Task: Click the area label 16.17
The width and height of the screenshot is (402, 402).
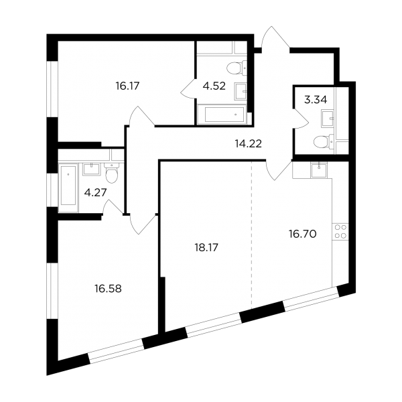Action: click(x=127, y=86)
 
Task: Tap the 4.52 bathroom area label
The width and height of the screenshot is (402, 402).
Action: click(x=214, y=86)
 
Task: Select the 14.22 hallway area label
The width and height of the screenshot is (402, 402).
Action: click(x=249, y=144)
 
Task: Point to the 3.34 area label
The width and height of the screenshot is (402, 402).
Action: click(x=316, y=100)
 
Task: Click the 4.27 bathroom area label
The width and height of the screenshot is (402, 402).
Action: click(x=95, y=192)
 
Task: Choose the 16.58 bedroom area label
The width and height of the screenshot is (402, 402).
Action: click(x=108, y=289)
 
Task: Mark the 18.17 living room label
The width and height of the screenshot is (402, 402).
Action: click(x=206, y=248)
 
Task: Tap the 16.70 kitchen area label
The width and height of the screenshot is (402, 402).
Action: click(x=303, y=234)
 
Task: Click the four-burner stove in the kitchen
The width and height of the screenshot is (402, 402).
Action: click(x=340, y=232)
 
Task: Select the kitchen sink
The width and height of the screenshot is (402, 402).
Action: click(x=319, y=170)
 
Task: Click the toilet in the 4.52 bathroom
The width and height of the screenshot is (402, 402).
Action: click(x=237, y=68)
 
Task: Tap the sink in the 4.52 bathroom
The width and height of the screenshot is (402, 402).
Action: click(x=241, y=92)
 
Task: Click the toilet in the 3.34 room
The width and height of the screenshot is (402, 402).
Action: click(x=324, y=141)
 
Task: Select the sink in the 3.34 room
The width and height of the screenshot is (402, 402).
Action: click(x=328, y=119)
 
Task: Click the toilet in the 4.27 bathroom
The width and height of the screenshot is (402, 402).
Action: click(x=112, y=173)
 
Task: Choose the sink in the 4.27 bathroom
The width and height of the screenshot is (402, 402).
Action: click(x=91, y=169)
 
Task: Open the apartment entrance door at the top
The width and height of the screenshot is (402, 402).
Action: click(x=275, y=38)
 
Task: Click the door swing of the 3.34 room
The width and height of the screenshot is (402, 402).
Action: click(x=300, y=119)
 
